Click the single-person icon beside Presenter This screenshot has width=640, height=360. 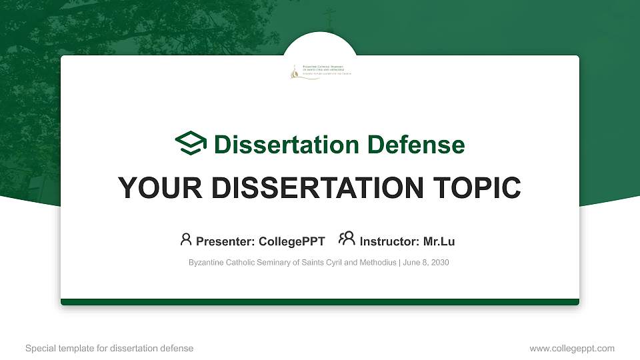[186, 239]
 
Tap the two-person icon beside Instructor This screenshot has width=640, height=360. [347, 239]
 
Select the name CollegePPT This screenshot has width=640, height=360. [292, 241]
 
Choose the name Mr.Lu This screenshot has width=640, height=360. [439, 241]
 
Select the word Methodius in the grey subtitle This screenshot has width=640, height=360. [379, 263]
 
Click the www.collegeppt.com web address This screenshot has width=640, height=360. [572, 348]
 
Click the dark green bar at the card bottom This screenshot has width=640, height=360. [320, 302]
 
